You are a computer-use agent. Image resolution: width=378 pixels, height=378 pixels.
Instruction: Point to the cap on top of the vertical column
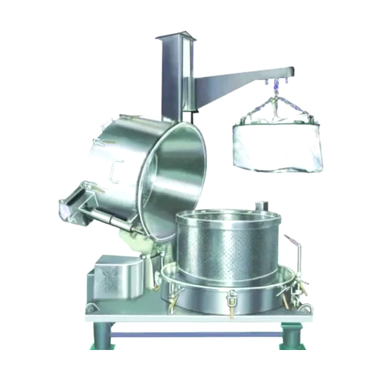pyautogui.click(x=173, y=38)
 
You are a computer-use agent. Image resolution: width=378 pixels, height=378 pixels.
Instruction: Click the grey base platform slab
pyautogui.click(x=189, y=314)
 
